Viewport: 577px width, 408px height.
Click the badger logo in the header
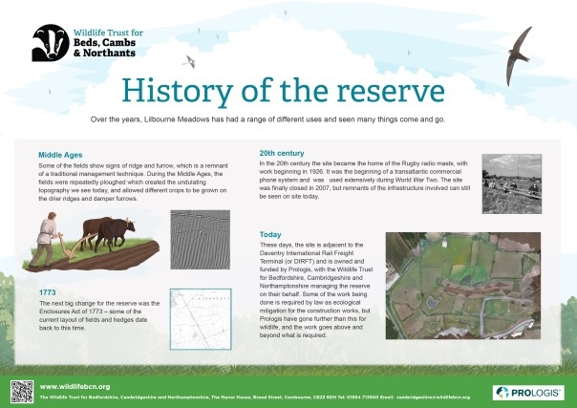[49, 41]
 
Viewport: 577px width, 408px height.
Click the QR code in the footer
[21, 390]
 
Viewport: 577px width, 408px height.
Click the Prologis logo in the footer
[526, 392]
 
